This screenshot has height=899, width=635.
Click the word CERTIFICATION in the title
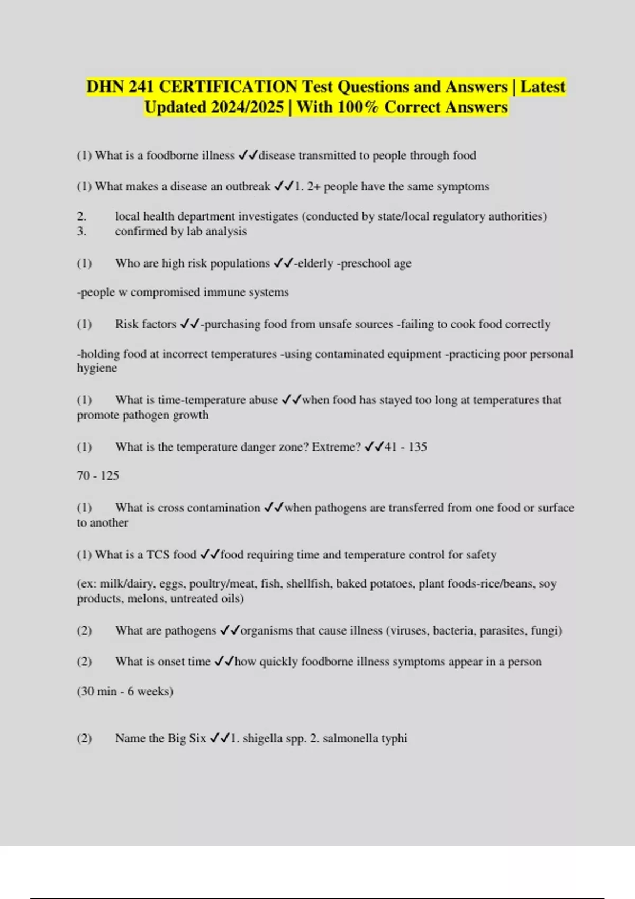228,87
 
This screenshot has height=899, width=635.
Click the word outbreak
248,187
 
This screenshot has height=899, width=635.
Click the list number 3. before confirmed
81,232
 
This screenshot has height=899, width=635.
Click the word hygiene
97,369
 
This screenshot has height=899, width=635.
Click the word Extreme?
336,447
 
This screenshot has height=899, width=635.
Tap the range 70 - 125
98,476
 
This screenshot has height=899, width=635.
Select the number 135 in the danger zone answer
418,447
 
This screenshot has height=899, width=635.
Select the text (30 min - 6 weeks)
125,692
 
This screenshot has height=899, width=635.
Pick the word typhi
395,739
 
